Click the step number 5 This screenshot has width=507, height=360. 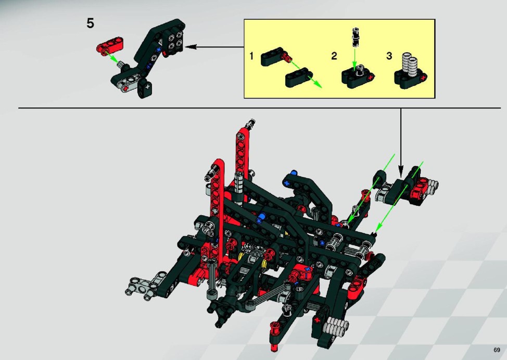pyautogui.click(x=90, y=23)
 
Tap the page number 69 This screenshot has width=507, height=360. pyautogui.click(x=497, y=350)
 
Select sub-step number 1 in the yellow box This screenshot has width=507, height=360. pyautogui.click(x=251, y=56)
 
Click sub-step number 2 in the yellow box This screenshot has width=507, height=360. pyautogui.click(x=334, y=56)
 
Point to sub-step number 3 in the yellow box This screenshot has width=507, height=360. pyautogui.click(x=389, y=56)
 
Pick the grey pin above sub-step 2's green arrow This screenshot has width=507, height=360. pyautogui.click(x=355, y=37)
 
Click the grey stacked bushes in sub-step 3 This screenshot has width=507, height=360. pyautogui.click(x=409, y=65)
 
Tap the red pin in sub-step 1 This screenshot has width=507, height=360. pyautogui.click(x=286, y=58)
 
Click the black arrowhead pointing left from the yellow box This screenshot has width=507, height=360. pyautogui.click(x=190, y=46)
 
